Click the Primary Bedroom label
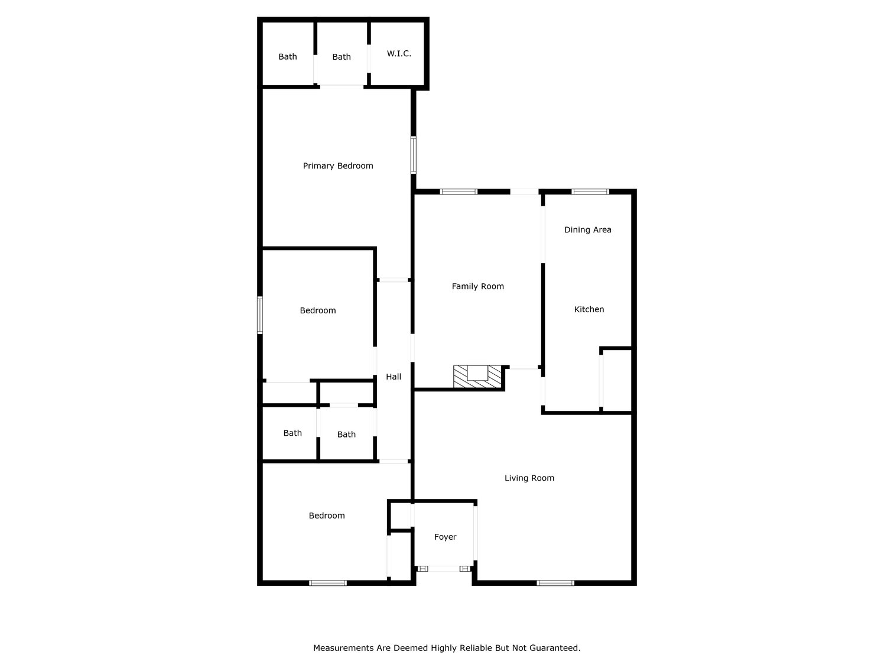(x=338, y=166)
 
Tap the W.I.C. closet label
(x=399, y=54)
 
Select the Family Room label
(x=477, y=287)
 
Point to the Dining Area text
(x=587, y=230)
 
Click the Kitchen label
(x=589, y=310)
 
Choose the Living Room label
(x=529, y=478)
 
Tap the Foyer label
(x=445, y=537)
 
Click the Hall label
(x=394, y=377)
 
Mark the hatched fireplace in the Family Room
(x=477, y=377)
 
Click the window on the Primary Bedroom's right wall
(x=414, y=155)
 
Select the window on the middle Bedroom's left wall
(x=259, y=315)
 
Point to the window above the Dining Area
(x=590, y=192)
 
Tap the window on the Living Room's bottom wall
(x=555, y=583)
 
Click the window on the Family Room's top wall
(x=459, y=192)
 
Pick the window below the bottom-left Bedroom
(x=328, y=583)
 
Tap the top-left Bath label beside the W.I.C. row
(x=288, y=57)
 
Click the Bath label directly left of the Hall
(x=346, y=435)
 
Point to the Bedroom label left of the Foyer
(x=327, y=516)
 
